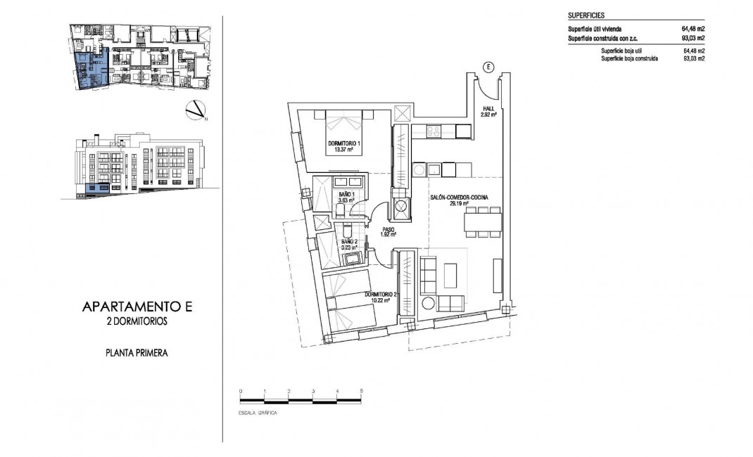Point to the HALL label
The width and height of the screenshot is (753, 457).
pyautogui.click(x=489, y=108)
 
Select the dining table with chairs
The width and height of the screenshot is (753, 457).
pyautogui.click(x=482, y=222)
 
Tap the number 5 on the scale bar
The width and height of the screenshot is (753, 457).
pyautogui.click(x=361, y=390)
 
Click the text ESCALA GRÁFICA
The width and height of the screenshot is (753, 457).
pyautogui.click(x=258, y=413)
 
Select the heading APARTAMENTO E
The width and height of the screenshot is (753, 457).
pyautogui.click(x=137, y=307)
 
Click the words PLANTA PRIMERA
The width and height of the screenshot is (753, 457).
pyautogui.click(x=137, y=354)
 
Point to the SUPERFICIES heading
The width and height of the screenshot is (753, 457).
pyautogui.click(x=586, y=15)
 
